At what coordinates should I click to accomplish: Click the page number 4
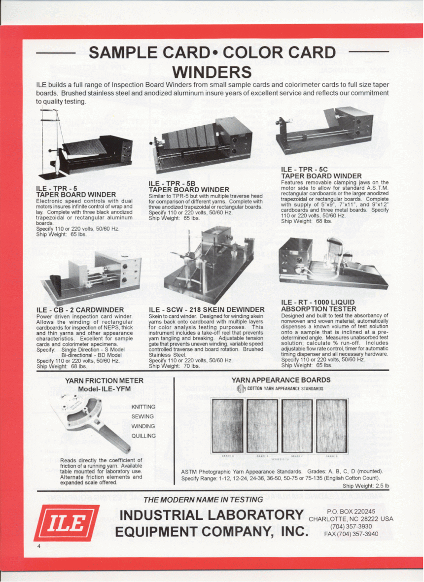point(37,546)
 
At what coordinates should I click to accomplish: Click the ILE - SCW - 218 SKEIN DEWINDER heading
point(207,310)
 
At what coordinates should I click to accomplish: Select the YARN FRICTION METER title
point(105,380)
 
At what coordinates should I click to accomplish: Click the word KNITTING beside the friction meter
point(143,407)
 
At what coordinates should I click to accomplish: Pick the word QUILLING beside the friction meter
point(143,436)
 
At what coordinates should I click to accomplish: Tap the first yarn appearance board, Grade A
point(227,426)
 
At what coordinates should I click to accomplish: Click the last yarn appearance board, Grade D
point(331,426)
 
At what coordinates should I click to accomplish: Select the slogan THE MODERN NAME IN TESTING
point(203,500)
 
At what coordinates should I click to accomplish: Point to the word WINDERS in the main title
point(212,72)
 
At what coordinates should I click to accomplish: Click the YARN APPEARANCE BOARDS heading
point(281,380)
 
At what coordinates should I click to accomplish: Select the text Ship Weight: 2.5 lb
point(365,486)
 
